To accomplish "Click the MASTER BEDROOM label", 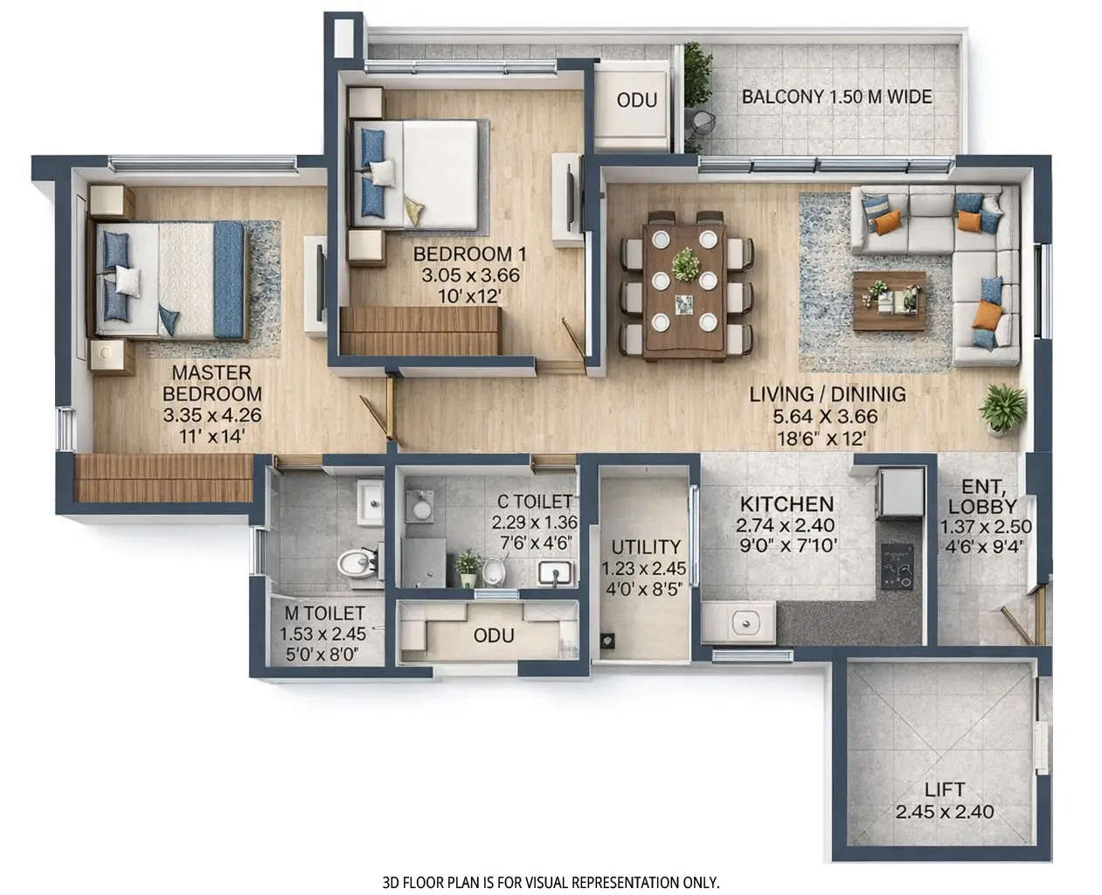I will pyautogui.click(x=211, y=383).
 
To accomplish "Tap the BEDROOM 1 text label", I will pyautogui.click(x=471, y=254).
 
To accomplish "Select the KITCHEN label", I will pyautogui.click(x=786, y=504).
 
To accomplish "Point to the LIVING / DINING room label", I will pyautogui.click(x=827, y=395).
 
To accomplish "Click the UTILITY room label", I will pyautogui.click(x=645, y=547).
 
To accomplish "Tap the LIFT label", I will pyautogui.click(x=943, y=790).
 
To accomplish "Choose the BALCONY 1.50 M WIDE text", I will pyautogui.click(x=836, y=97).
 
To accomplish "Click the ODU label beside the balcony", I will pyautogui.click(x=636, y=100).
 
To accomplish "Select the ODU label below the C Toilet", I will pyautogui.click(x=493, y=635).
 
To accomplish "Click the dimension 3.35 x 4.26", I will pyautogui.click(x=211, y=416).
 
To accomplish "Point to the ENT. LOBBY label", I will pyautogui.click(x=981, y=496).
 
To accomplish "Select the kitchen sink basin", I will pyautogui.click(x=745, y=622).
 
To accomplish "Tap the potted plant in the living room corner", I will pyautogui.click(x=1001, y=408).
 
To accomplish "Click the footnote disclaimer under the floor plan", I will pyautogui.click(x=551, y=883).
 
